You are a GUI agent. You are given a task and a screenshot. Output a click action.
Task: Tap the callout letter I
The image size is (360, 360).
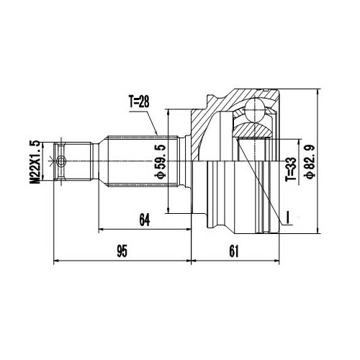click(287, 216)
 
